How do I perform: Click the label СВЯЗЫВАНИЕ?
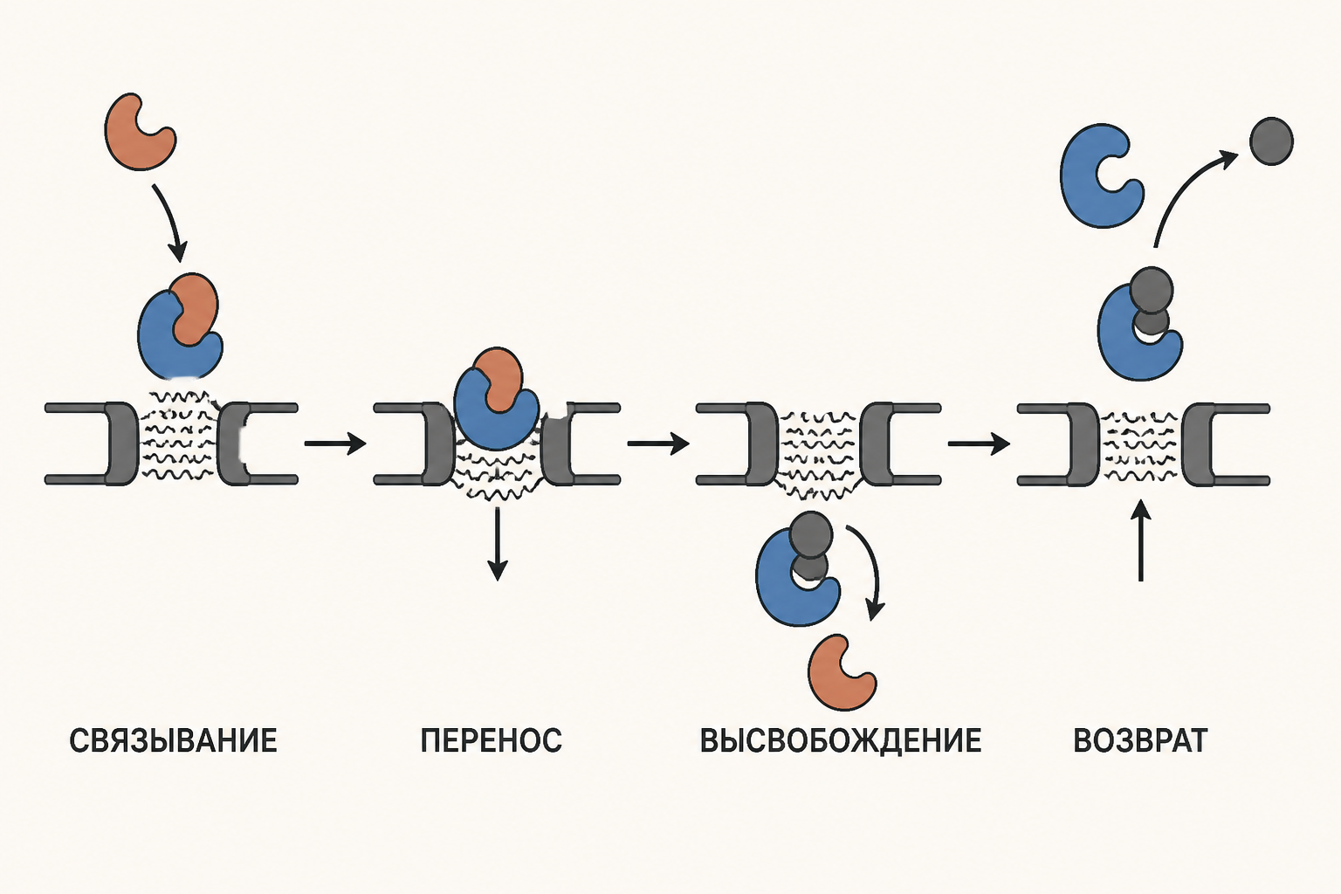point(173,740)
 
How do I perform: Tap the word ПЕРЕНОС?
point(491,740)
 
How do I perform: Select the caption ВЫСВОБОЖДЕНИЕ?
point(841,740)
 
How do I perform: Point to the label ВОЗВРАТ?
point(1140,740)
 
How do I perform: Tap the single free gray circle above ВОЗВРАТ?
point(1271,141)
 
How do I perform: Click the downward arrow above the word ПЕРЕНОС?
point(498,544)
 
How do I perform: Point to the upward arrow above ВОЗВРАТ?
point(1141,540)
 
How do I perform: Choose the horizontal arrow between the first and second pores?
point(335,444)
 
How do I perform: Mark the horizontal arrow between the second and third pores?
point(658,444)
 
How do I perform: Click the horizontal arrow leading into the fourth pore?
point(980,444)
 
